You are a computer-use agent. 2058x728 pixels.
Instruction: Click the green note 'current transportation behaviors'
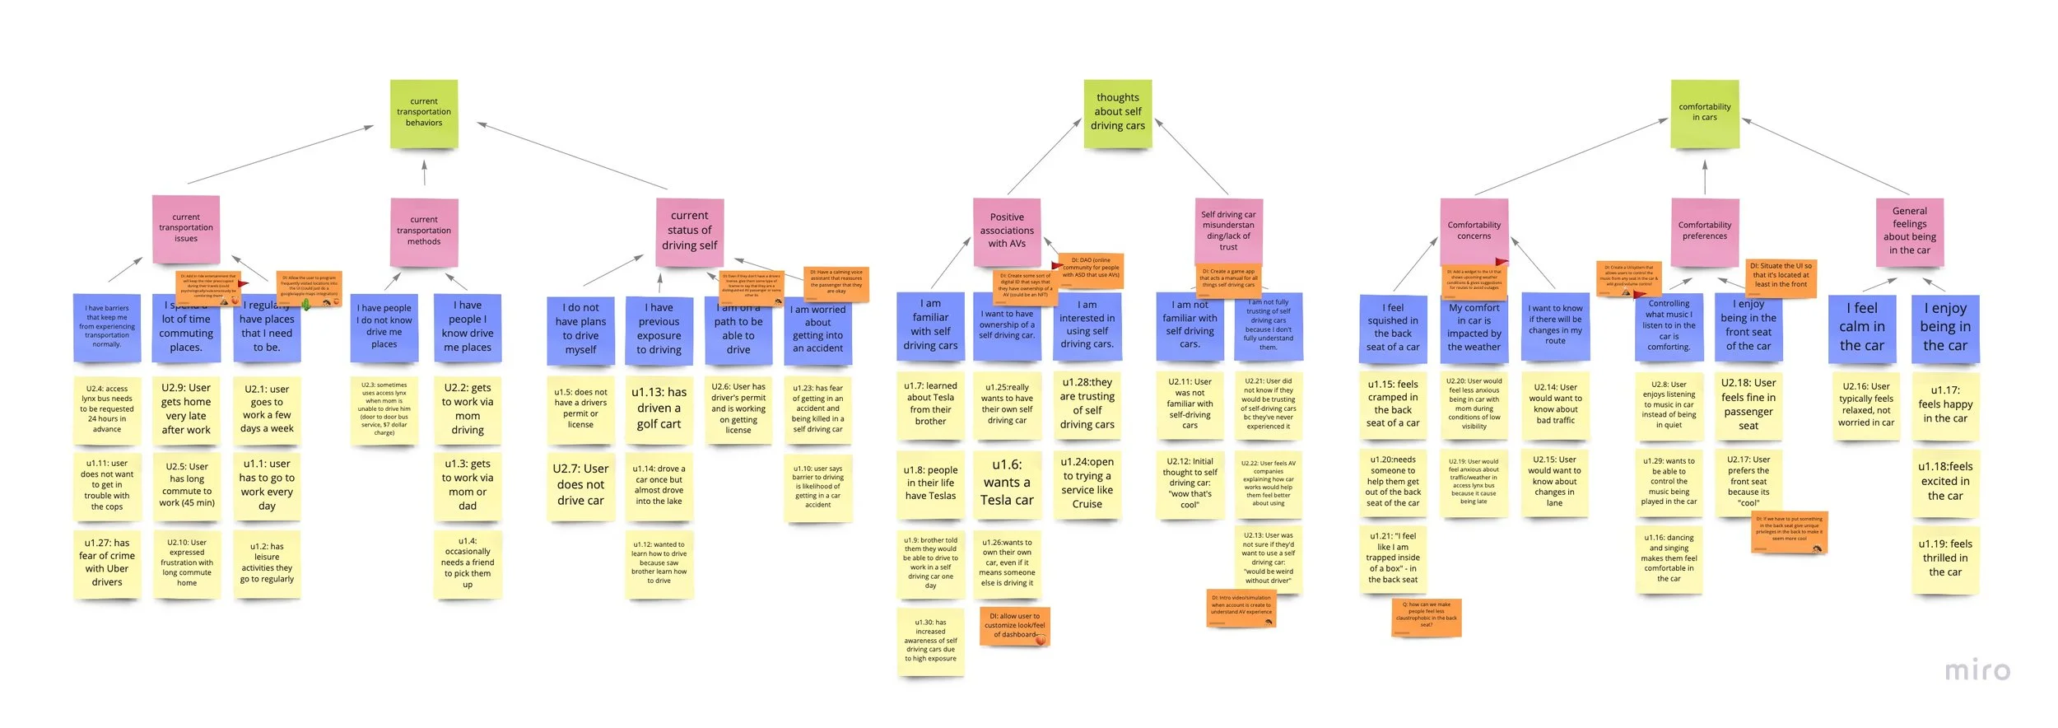pyautogui.click(x=424, y=114)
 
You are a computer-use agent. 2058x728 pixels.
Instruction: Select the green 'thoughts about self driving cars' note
pyautogui.click(x=1117, y=114)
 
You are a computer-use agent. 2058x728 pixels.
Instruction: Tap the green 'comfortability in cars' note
pyautogui.click(x=1704, y=114)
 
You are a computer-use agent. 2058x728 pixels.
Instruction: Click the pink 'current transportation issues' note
pyautogui.click(x=186, y=229)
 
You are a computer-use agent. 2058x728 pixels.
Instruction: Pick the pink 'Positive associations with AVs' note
pyautogui.click(x=1007, y=231)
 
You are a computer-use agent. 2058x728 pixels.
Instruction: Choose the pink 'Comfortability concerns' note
pyautogui.click(x=1474, y=231)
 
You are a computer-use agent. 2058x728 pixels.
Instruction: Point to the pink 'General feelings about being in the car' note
pyautogui.click(x=1909, y=231)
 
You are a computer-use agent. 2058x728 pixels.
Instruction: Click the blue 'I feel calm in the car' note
pyautogui.click(x=1862, y=328)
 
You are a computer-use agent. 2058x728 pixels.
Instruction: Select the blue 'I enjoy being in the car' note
pyautogui.click(x=1944, y=328)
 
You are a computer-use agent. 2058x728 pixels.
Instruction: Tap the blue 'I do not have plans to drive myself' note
pyautogui.click(x=580, y=329)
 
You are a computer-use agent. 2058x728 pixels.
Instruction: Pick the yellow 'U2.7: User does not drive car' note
pyautogui.click(x=580, y=486)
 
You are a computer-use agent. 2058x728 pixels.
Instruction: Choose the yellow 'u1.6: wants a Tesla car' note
pyautogui.click(x=1006, y=483)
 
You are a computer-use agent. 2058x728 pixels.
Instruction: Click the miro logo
pyautogui.click(x=1977, y=671)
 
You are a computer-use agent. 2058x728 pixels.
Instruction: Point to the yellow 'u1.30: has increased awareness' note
pyautogui.click(x=930, y=642)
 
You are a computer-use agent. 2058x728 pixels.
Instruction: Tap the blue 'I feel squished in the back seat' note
pyautogui.click(x=1393, y=329)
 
